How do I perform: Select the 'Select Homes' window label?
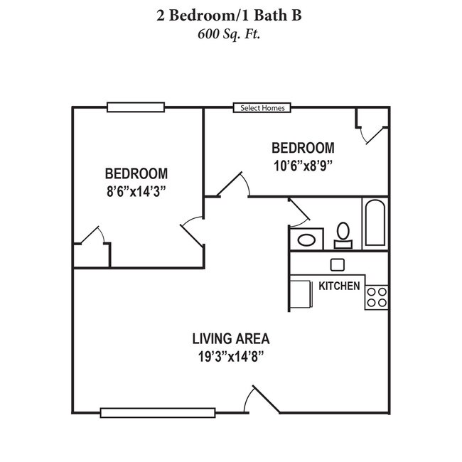(262, 108)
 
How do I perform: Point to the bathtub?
(375, 222)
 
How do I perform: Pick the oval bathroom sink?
(307, 239)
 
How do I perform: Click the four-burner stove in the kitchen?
(377, 297)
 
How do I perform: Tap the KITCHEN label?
(339, 286)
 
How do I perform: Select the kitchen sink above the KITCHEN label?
(338, 264)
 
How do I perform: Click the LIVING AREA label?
(231, 338)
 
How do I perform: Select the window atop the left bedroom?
(136, 107)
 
